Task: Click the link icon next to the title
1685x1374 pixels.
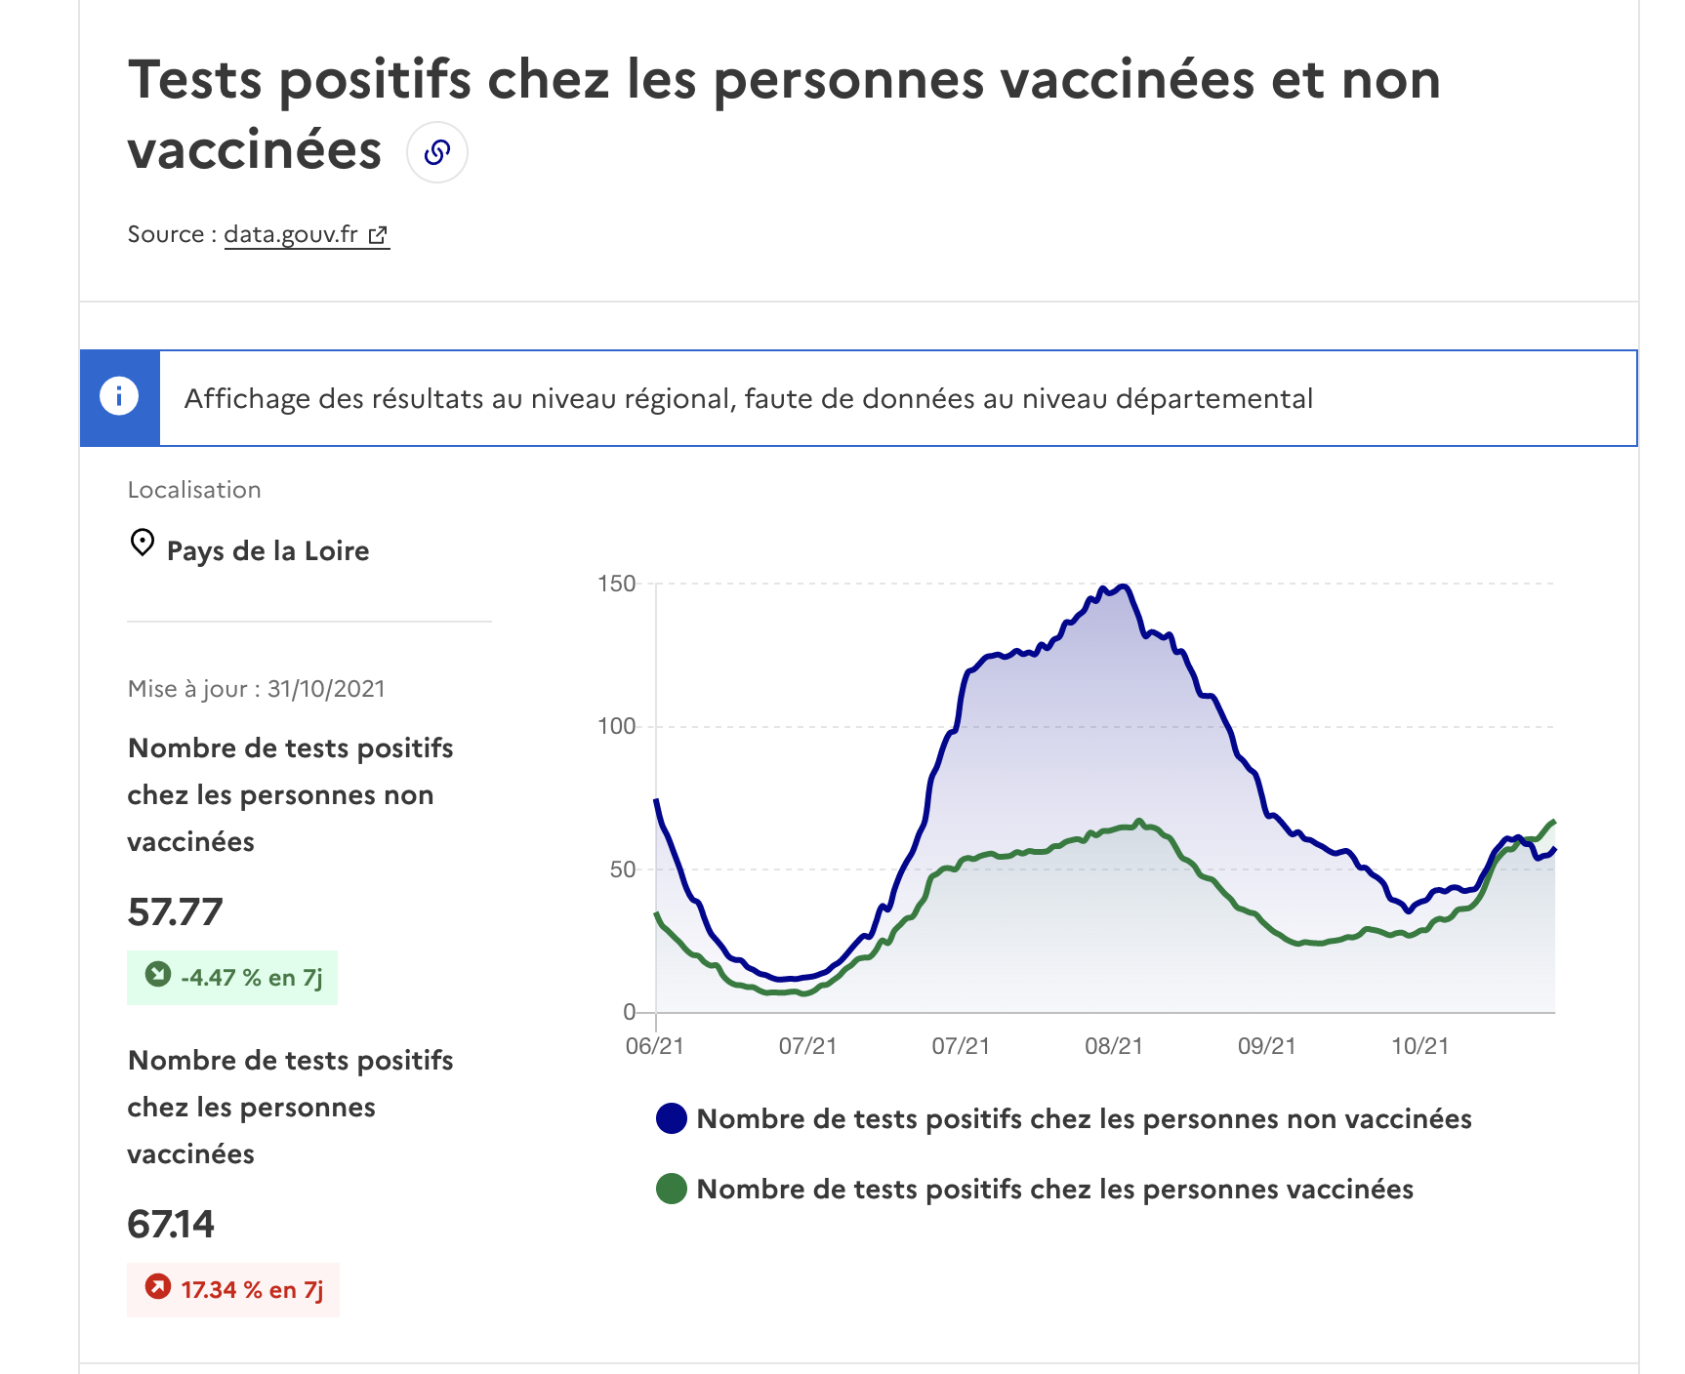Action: point(436,152)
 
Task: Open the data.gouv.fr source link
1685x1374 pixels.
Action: point(306,235)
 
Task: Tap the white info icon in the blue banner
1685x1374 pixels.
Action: point(119,396)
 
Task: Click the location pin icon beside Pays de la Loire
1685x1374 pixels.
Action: point(143,543)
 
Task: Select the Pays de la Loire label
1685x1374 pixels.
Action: point(267,551)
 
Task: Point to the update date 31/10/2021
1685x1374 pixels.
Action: point(326,689)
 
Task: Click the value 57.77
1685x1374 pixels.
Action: point(175,912)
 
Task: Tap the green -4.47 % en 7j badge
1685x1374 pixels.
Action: point(232,978)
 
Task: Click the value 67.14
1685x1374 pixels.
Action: point(171,1225)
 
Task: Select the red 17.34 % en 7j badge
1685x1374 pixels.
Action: point(233,1290)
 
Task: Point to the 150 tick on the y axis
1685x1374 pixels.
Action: point(616,584)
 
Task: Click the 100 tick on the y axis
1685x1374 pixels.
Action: point(616,726)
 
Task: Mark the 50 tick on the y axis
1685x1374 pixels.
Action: point(622,869)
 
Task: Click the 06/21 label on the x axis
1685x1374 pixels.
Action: point(654,1046)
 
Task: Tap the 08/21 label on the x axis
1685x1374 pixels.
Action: point(1114,1046)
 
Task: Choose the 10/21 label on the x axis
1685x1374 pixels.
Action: point(1420,1046)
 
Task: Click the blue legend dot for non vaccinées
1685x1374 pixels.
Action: point(672,1118)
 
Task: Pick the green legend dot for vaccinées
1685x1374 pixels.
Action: point(672,1189)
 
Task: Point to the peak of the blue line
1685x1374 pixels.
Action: point(1124,586)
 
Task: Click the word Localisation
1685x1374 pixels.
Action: point(194,490)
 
